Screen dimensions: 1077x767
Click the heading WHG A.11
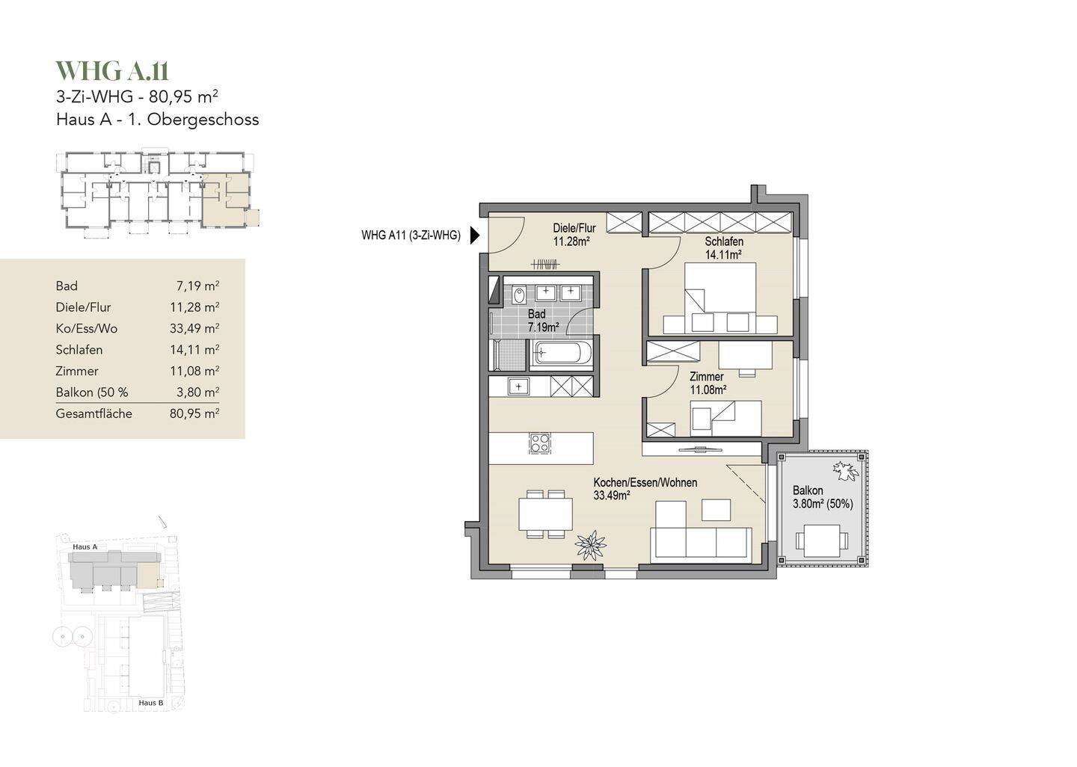click(112, 71)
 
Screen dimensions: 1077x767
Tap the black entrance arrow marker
click(475, 235)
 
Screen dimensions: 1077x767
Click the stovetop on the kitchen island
click(540, 443)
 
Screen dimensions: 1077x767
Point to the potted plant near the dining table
click(590, 545)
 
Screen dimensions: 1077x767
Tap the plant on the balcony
click(846, 470)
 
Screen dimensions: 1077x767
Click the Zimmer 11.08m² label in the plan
click(708, 383)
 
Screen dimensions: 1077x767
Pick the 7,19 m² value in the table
click(197, 286)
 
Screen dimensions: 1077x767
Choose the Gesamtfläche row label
click(93, 414)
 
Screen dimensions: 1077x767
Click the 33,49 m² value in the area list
click(194, 329)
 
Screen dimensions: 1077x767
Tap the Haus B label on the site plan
click(151, 703)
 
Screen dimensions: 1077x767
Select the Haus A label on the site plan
click(85, 547)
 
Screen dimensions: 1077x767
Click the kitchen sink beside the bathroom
click(518, 386)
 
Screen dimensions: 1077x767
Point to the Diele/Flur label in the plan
click(574, 235)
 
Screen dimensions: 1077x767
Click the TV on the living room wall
click(702, 450)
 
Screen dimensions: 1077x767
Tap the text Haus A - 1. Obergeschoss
click(157, 119)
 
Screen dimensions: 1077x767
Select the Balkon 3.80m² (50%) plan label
click(823, 497)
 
